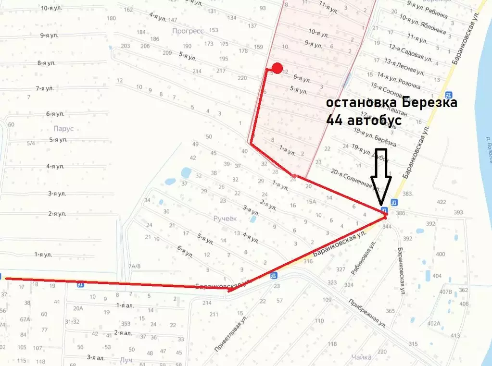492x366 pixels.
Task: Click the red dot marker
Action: pyautogui.click(x=277, y=68)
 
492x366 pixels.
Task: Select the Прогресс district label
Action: pyautogui.click(x=188, y=31)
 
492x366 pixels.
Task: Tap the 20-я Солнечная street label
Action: pyautogui.click(x=351, y=176)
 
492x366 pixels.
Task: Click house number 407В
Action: pyautogui.click(x=446, y=291)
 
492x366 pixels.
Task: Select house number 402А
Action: pyautogui.click(x=433, y=323)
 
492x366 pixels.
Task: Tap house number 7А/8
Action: pyautogui.click(x=134, y=266)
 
